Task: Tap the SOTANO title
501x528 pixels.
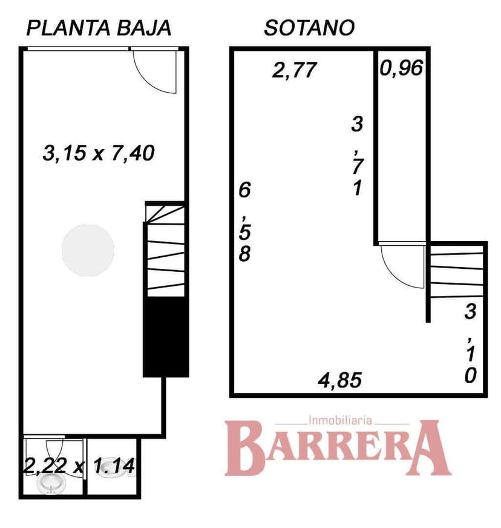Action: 309,28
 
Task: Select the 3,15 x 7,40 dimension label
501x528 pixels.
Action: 99,153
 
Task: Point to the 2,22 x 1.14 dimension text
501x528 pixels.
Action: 79,466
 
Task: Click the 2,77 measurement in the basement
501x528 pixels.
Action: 294,70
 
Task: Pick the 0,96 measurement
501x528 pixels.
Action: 401,68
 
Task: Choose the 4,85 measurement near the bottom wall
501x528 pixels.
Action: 340,380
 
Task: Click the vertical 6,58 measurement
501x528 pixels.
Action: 244,222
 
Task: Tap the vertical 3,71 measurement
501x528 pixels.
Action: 357,156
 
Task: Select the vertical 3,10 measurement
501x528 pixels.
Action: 471,343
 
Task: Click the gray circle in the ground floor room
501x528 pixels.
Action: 88,248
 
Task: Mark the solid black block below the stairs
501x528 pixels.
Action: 165,337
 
